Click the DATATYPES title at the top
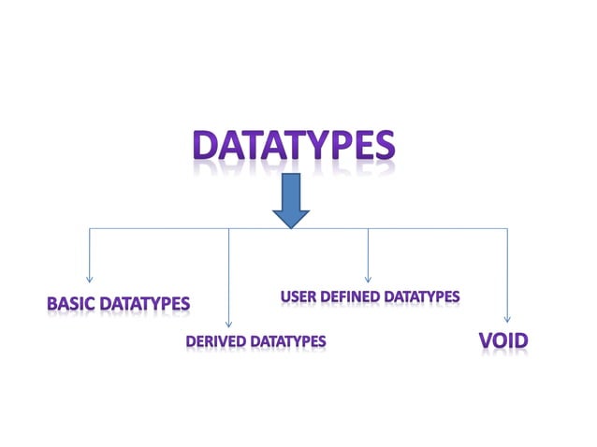293,146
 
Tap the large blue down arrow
291,200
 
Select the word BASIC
71,304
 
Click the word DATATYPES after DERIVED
286,342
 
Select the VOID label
502,341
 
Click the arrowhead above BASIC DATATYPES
90,278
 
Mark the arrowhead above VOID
507,320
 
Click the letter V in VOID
486,341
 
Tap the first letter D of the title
207,146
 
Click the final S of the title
382,146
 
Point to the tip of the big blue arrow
291,227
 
